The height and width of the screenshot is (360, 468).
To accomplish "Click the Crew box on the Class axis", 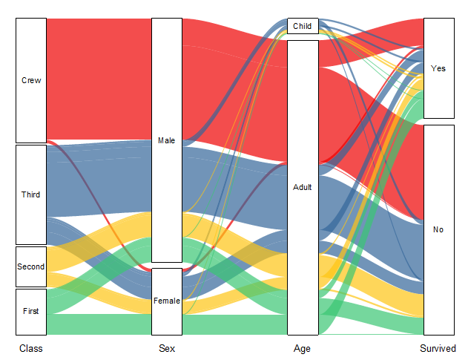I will (31, 80).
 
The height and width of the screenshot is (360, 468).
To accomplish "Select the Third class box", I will (31, 194).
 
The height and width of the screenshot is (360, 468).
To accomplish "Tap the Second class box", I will (31, 266).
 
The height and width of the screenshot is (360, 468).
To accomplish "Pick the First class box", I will (31, 312).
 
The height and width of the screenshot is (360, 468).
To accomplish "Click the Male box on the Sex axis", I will (166, 140).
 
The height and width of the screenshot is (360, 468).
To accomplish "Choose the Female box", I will (166, 301).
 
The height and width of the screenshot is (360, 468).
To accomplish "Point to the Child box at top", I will (303, 26).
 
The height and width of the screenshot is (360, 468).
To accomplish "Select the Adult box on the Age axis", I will (303, 187).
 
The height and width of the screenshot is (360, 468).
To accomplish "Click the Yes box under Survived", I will (438, 68).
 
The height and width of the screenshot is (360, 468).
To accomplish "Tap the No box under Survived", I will (438, 229).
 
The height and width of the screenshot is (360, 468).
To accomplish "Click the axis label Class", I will (31, 348).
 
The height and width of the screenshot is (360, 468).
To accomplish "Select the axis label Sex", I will (167, 348).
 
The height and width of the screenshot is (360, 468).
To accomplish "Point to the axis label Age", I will (303, 348).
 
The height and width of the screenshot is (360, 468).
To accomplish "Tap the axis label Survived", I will (438, 348).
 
